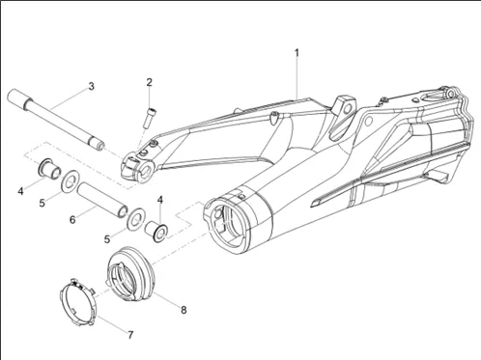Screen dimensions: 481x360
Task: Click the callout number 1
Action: tap(297, 53)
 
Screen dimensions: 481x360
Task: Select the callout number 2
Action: tap(149, 82)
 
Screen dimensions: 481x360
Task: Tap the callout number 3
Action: tap(92, 86)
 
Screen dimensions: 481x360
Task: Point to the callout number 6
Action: tap(72, 220)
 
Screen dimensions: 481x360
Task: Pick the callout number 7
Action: tap(130, 335)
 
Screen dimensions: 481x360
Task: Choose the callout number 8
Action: tap(184, 310)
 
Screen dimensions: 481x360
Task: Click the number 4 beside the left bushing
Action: tap(20, 191)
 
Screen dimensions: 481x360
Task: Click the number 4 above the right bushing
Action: tap(160, 200)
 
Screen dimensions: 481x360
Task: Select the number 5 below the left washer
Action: tap(42, 204)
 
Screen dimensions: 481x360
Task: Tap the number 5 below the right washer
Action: tap(107, 239)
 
